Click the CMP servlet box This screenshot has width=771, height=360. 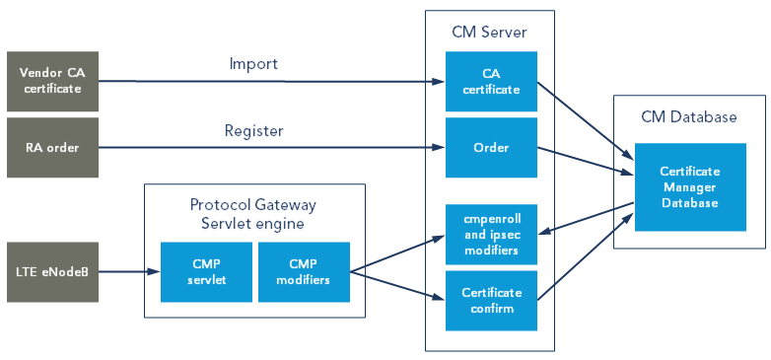pyautogui.click(x=206, y=271)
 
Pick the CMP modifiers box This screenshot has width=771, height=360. pyautogui.click(x=303, y=271)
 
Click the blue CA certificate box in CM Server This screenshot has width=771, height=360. pyautogui.click(x=491, y=81)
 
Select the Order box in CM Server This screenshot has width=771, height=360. pyautogui.click(x=491, y=148)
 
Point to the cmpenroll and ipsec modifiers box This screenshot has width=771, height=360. pyautogui.click(x=491, y=235)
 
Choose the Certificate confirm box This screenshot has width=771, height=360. pyautogui.click(x=491, y=301)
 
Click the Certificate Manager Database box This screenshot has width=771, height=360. pyautogui.click(x=689, y=186)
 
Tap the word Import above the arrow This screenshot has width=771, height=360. pyautogui.click(x=253, y=64)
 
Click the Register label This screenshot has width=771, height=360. pyautogui.click(x=253, y=130)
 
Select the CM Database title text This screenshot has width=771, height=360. pyautogui.click(x=689, y=116)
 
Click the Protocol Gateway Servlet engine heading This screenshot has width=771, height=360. pyautogui.click(x=254, y=213)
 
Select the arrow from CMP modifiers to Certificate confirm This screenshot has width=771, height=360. pyautogui.click(x=394, y=284)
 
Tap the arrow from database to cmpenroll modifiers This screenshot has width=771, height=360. pyautogui.click(x=586, y=220)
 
